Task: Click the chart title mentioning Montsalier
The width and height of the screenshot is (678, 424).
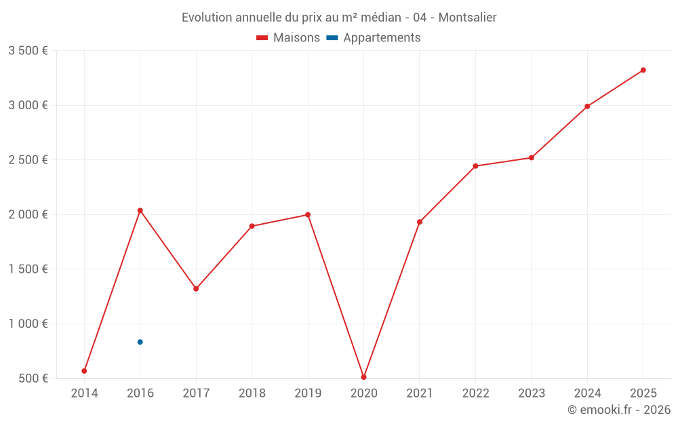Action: click(339, 18)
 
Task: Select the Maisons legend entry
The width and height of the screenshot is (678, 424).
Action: click(288, 38)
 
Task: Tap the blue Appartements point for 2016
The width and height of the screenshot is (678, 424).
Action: click(140, 342)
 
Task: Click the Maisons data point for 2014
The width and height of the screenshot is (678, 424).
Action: click(84, 371)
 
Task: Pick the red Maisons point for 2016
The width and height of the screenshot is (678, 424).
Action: click(140, 210)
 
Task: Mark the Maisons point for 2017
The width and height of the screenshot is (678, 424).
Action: click(196, 289)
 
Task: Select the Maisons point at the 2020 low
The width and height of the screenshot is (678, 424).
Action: click(363, 377)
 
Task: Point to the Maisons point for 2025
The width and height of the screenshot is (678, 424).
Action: click(643, 70)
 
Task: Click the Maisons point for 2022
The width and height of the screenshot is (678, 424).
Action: click(475, 166)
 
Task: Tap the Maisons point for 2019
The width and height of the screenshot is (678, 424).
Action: click(308, 215)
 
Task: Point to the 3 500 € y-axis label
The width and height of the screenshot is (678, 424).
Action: click(28, 51)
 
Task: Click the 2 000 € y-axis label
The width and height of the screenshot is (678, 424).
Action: click(28, 214)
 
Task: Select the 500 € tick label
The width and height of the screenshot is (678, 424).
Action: click(33, 378)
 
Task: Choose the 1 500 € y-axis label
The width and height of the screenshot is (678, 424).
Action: click(28, 269)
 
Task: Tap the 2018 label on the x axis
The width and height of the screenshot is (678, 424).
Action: click(252, 393)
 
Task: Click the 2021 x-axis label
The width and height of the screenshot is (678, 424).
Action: click(420, 393)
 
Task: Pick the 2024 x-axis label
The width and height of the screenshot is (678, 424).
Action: click(587, 393)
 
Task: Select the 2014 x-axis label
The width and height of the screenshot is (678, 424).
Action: click(84, 393)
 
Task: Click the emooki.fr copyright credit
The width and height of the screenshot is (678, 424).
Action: click(619, 410)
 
